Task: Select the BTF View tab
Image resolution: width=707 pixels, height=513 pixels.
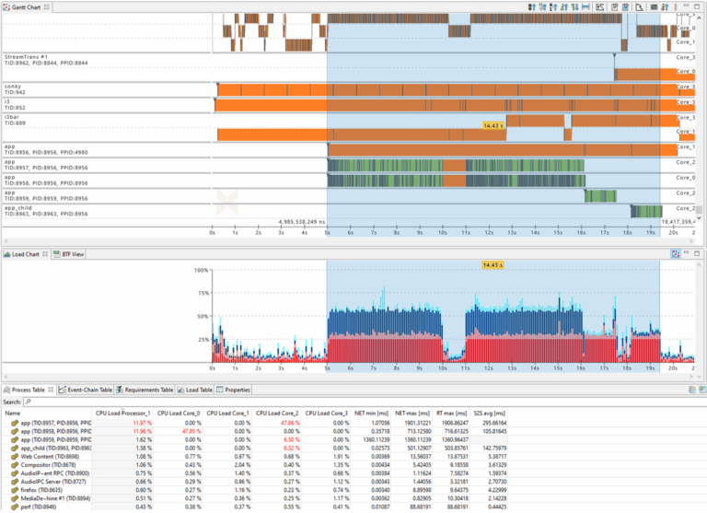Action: click(73, 253)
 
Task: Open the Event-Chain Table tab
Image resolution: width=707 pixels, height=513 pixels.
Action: click(87, 390)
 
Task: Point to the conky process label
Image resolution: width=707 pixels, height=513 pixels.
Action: click(13, 87)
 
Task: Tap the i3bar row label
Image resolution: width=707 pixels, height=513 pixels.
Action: click(12, 117)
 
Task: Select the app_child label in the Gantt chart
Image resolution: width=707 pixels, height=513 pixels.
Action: click(18, 208)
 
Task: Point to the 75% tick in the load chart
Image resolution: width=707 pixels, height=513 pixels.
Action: click(201, 293)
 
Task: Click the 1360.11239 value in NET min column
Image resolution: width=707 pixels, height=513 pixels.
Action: click(370, 440)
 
